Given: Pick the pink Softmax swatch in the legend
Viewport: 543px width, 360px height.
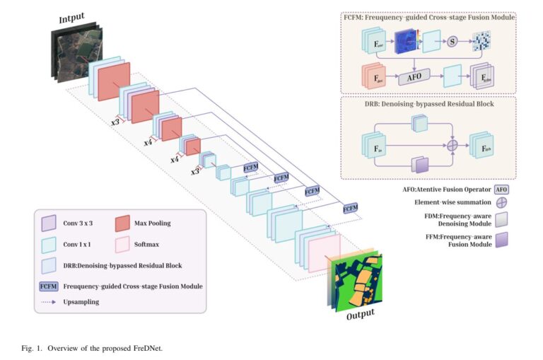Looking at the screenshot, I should [x=122, y=245].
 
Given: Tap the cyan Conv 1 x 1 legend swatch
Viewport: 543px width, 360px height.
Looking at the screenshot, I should [x=48, y=245].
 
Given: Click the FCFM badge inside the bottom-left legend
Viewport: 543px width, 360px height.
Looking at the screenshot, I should [x=49, y=286].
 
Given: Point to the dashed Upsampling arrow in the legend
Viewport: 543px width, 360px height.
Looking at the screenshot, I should [x=48, y=302].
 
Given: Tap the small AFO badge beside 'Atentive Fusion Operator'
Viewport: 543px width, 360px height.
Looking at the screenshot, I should [x=501, y=190].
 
